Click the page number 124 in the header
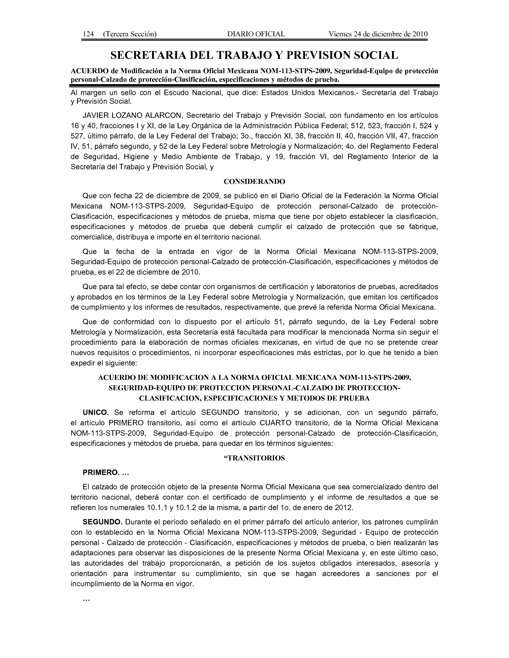(88, 34)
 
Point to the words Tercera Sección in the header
(130, 34)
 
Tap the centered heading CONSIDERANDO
(254, 182)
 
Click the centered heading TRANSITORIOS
(255, 458)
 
